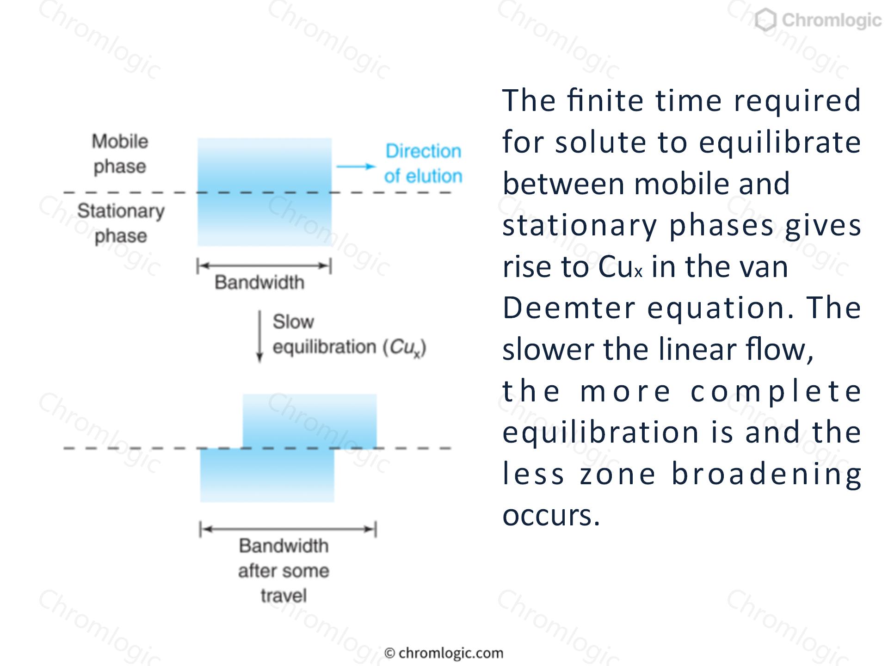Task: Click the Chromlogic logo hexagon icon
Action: (766, 21)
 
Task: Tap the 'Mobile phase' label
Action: (120, 154)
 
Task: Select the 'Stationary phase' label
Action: (121, 223)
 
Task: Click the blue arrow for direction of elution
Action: (356, 166)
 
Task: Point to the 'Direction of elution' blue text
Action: (423, 164)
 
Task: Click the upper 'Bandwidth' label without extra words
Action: (259, 282)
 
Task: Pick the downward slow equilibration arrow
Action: (259, 336)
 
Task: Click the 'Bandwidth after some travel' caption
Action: (284, 571)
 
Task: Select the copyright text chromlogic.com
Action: (444, 653)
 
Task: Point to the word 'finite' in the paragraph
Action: (606, 100)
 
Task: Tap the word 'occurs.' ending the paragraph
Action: (551, 515)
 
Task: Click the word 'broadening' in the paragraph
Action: (766, 475)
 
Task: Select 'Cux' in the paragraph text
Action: (620, 267)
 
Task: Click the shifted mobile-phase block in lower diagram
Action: (310, 421)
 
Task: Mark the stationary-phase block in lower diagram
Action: (267, 475)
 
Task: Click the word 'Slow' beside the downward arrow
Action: (293, 322)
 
